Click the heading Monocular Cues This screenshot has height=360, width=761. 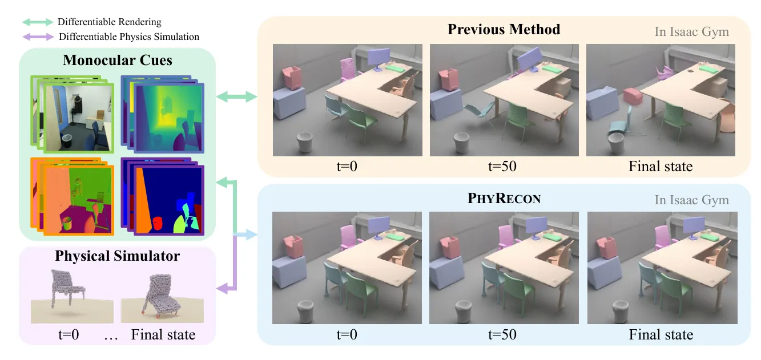[x=118, y=60]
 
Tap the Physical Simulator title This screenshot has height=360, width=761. [x=117, y=256]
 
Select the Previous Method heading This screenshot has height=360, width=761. [x=504, y=29]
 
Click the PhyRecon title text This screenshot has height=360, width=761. [x=504, y=199]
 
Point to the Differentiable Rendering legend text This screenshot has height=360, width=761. [x=109, y=22]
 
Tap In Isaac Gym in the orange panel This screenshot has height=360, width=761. [x=691, y=31]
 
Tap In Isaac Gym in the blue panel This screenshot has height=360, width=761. [x=691, y=200]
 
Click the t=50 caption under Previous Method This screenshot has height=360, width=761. [x=504, y=167]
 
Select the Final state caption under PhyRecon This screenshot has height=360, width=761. [x=661, y=334]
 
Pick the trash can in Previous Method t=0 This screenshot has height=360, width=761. [x=305, y=143]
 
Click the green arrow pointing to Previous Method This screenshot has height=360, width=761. [x=237, y=98]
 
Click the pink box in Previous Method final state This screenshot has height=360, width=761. [x=633, y=95]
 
